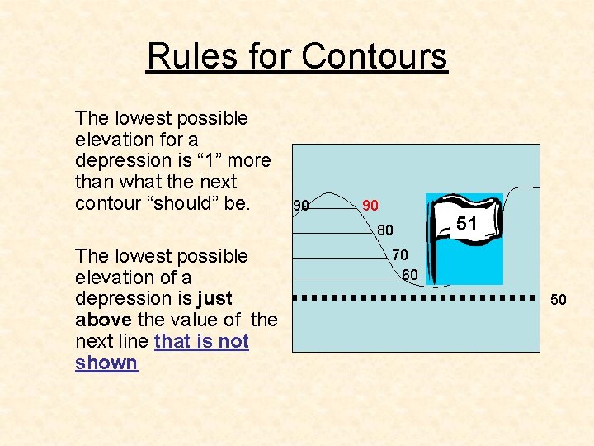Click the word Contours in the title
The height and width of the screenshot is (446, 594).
click(375, 57)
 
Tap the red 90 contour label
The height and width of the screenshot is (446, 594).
click(370, 204)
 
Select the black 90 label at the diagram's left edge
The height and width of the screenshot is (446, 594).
click(301, 205)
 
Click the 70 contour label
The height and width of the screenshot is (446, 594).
click(400, 255)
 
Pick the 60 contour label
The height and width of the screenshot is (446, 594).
click(410, 274)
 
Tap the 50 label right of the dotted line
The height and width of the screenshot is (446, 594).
click(559, 300)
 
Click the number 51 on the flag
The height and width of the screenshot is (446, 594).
click(467, 223)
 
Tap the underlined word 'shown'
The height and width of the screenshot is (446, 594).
click(106, 363)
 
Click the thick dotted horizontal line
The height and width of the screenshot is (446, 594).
click(412, 296)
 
